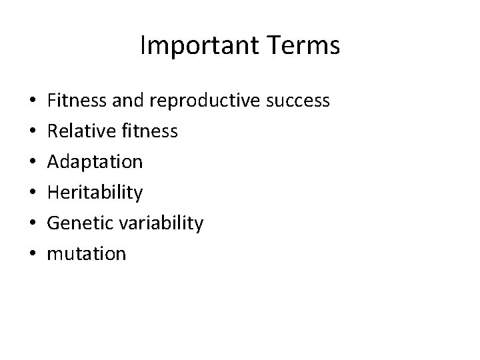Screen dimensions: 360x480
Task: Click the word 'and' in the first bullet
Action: [x=128, y=101]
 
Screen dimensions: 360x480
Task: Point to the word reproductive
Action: [x=207, y=101]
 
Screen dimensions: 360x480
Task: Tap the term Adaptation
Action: [x=95, y=162]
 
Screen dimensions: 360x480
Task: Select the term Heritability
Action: [x=95, y=193]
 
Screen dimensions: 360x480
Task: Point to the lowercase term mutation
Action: [x=87, y=254]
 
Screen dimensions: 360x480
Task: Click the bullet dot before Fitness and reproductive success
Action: [x=33, y=102]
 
